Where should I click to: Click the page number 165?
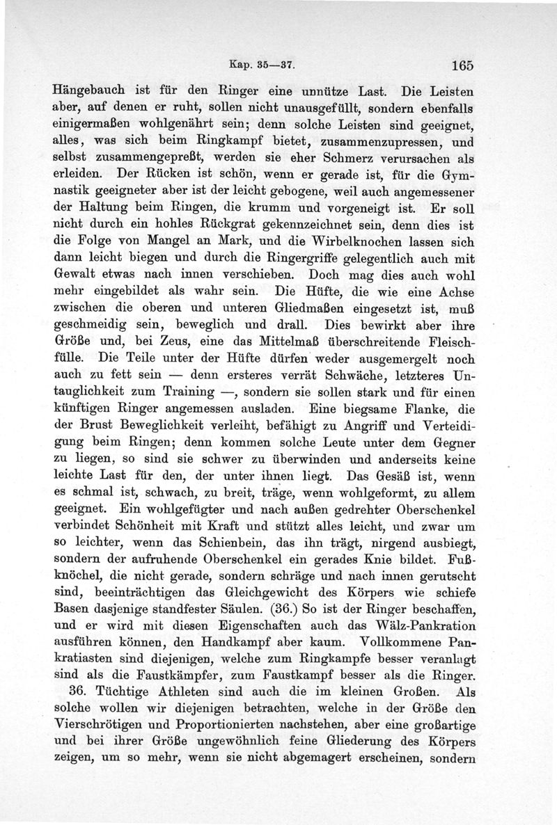(461, 65)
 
